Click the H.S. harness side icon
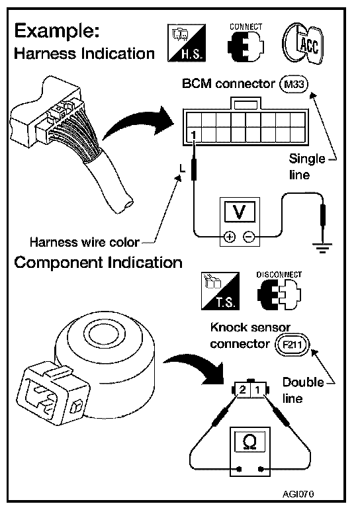(187, 43)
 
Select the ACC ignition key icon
(303, 44)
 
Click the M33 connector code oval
(294, 84)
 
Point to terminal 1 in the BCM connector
(194, 134)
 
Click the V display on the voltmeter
(240, 212)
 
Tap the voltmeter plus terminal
(230, 237)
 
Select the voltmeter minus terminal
(249, 237)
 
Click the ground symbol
(322, 247)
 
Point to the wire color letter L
(183, 169)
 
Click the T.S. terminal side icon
(220, 291)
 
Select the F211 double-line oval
(292, 344)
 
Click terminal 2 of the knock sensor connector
(243, 390)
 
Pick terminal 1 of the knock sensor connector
(258, 390)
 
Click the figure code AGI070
(298, 493)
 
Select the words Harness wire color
(84, 242)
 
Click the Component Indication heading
(98, 263)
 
